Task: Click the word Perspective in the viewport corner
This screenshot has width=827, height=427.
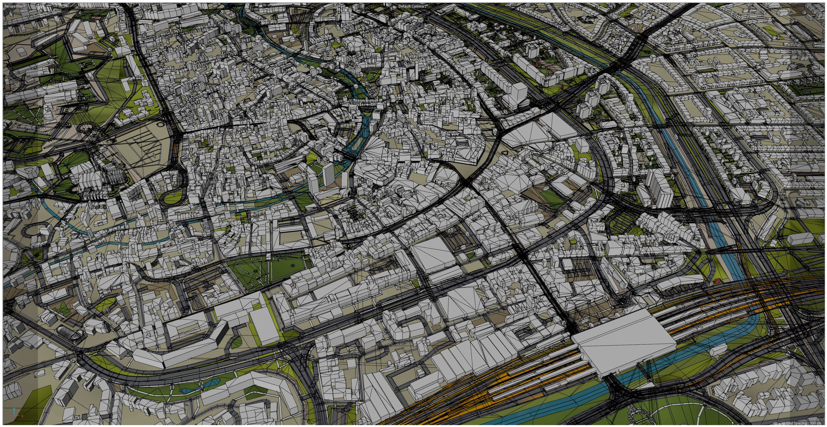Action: [14, 6]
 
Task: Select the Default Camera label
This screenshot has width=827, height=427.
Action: [411, 6]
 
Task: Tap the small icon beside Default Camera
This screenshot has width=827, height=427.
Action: [426, 6]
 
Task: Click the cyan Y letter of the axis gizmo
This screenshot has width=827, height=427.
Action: [14, 409]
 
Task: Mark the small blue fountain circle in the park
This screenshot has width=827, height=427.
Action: [292, 266]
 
